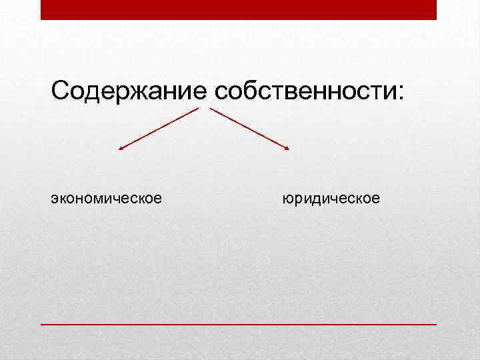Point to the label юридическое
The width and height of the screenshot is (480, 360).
331,198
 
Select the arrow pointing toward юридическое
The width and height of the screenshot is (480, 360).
250,129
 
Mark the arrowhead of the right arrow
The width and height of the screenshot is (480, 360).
287,148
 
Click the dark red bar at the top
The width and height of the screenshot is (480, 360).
239,9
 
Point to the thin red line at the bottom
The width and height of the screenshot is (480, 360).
239,324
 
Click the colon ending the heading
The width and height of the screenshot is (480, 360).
400,93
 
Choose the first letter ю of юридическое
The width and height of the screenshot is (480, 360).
287,199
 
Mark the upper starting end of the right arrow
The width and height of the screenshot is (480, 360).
212,109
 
